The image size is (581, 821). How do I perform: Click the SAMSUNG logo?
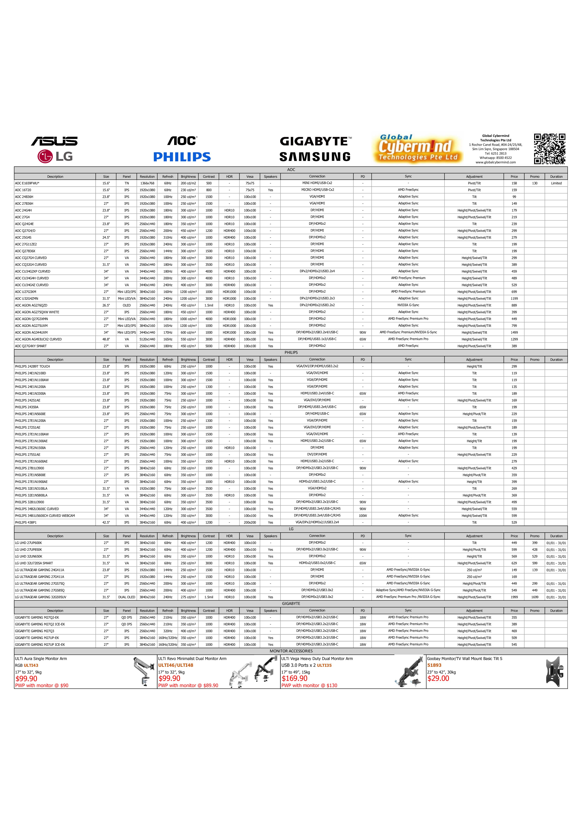[315, 157]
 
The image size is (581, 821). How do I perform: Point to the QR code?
[550, 149]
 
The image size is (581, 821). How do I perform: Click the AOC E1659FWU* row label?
[27, 183]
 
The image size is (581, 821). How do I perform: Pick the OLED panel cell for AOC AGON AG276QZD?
[127, 305]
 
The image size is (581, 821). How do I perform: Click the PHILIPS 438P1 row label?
[26, 522]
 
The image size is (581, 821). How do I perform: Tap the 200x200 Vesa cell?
[250, 522]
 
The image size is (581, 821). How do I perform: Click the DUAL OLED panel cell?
[127, 597]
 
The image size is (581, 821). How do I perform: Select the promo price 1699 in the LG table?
[534, 597]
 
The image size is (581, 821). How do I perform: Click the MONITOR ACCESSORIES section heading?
[291, 651]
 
